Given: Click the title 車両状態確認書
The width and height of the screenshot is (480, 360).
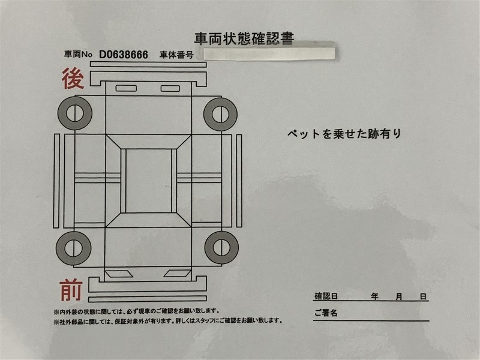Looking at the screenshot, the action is (x=244, y=38).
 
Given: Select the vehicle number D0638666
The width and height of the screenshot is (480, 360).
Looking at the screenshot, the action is (x=124, y=55).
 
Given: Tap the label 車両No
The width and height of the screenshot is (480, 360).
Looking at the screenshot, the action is (x=78, y=55).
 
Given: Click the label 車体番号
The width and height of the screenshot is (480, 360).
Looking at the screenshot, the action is (x=176, y=55).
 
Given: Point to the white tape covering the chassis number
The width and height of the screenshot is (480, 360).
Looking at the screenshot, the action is (x=265, y=53).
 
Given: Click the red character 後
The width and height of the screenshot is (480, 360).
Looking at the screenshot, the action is (x=73, y=79).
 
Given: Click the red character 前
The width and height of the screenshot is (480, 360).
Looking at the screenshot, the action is (x=71, y=290).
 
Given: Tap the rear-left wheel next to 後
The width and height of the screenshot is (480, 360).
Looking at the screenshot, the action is (x=74, y=113).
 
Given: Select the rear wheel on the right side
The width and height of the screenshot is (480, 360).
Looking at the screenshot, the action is (x=220, y=114).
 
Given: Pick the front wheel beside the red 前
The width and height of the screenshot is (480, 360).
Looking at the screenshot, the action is (x=73, y=248).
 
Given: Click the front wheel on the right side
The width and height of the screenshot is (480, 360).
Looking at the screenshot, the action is (x=221, y=247).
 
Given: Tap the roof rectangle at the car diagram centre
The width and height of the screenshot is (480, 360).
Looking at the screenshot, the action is (x=149, y=181).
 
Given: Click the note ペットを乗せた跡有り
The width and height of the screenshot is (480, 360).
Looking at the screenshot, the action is (x=344, y=134).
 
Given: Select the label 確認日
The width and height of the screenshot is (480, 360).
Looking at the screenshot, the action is (x=326, y=296).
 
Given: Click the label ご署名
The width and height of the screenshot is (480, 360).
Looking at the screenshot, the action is (x=326, y=313).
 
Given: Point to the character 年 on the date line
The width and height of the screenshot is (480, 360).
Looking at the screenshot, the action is (x=374, y=296).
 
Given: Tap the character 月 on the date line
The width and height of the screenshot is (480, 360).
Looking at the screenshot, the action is (x=398, y=296).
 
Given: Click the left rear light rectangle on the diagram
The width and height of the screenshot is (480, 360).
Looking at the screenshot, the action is (x=126, y=88).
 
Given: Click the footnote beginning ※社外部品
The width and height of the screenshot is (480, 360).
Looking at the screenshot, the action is (x=168, y=321).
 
